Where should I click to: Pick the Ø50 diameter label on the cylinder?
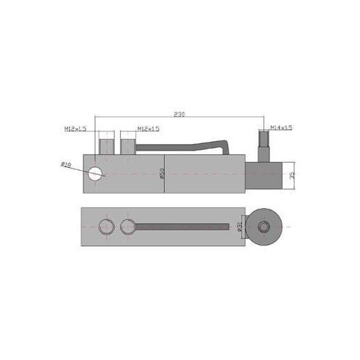tap(162, 174)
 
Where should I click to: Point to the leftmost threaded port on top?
tap(107, 143)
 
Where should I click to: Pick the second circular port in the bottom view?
tap(128, 226)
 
